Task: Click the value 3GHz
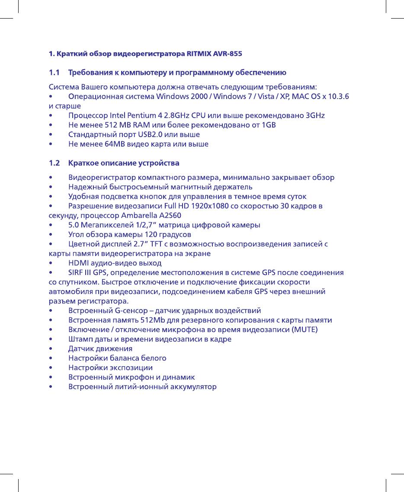(x=314, y=115)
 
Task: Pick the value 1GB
(x=266, y=125)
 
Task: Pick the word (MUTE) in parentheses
(x=305, y=329)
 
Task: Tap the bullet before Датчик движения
(x=51, y=348)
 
